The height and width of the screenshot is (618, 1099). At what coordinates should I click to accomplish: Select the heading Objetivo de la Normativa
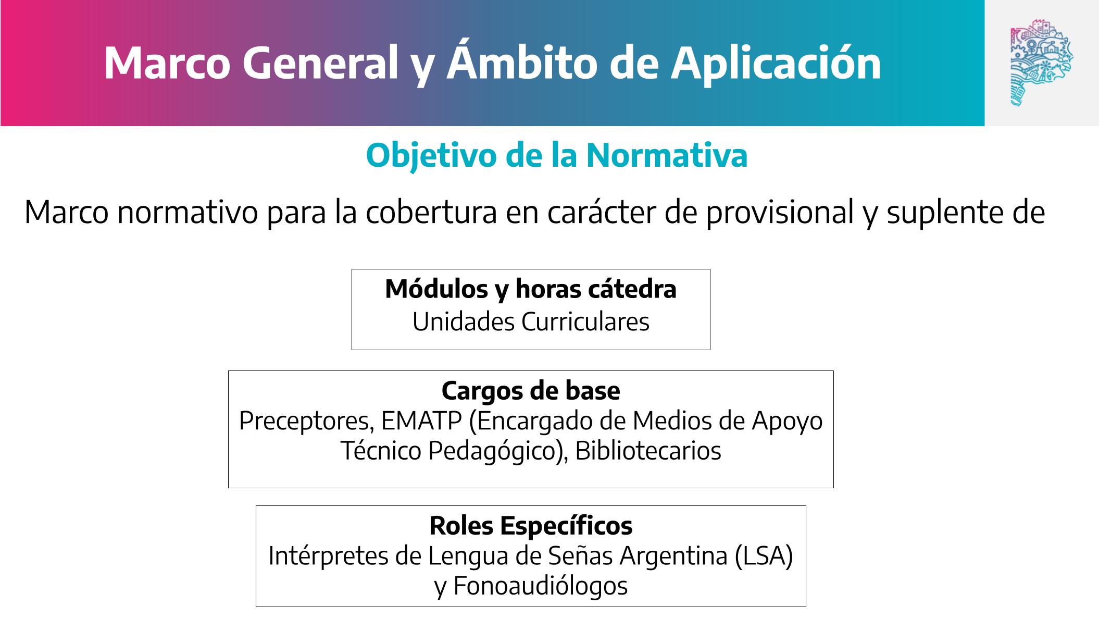pos(557,155)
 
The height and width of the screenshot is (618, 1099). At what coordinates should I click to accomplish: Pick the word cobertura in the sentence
pos(431,213)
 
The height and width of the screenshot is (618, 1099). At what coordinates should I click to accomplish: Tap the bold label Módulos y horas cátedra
pos(531,289)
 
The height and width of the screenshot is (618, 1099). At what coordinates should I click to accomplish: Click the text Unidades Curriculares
pos(531,322)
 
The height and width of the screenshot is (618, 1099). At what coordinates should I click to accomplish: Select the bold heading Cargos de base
pos(531,390)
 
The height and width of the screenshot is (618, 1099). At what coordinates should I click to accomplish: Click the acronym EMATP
pos(421,421)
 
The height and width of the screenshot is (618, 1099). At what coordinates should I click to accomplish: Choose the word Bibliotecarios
pos(648,451)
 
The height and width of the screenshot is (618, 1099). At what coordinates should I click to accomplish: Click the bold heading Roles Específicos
pos(531,525)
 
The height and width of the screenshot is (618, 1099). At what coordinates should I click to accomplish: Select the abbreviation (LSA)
pos(764,556)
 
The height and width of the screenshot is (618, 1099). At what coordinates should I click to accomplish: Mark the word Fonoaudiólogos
pos(540,586)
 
